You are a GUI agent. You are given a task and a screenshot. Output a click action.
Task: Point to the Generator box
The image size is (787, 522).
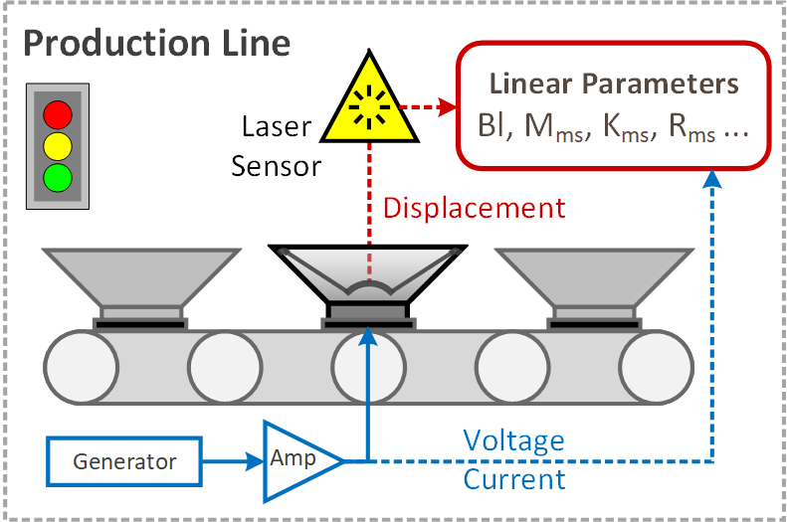124,461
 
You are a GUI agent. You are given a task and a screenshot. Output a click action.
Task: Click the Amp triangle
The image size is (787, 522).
295,460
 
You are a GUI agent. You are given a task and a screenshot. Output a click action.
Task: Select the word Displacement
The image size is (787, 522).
474,208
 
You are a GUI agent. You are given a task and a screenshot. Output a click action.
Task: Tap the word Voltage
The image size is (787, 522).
513,440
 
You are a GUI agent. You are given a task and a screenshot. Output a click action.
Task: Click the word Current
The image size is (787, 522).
513,480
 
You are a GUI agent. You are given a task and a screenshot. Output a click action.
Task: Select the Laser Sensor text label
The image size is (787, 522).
278,146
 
